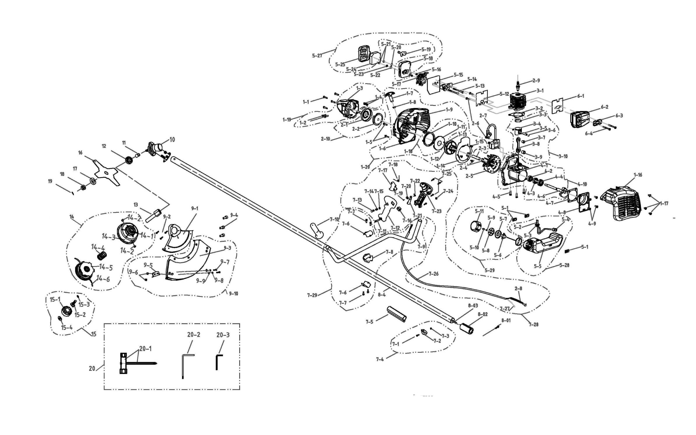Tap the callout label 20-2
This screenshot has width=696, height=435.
[x=194, y=335]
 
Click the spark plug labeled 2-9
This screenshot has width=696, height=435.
[x=518, y=85]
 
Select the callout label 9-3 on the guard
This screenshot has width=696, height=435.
[x=228, y=248]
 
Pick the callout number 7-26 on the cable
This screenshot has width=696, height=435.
[x=433, y=274]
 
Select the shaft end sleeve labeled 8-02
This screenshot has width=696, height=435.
[x=467, y=328]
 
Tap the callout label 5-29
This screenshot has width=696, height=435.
[x=489, y=270]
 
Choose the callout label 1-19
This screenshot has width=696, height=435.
[x=287, y=119]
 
